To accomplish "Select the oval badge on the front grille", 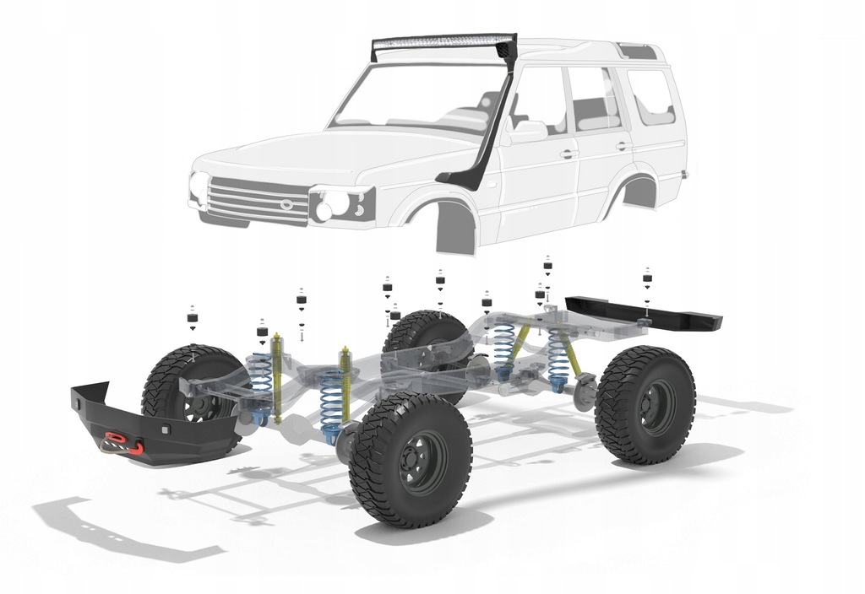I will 288,203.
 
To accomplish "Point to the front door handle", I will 569,154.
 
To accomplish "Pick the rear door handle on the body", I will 623,146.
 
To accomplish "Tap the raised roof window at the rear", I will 637,51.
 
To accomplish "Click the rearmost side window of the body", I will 650,96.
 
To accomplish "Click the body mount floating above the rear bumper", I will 647,278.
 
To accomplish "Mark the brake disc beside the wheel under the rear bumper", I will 585,391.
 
